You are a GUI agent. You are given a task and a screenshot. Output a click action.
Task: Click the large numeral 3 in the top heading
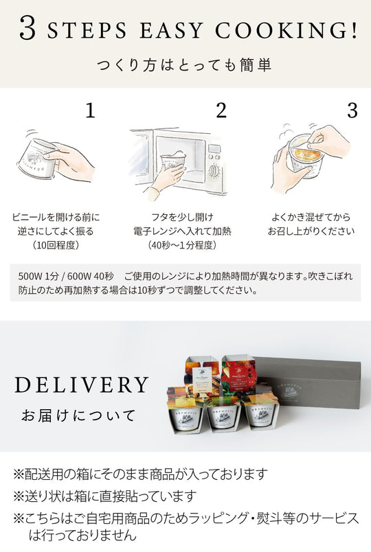pos(27,28)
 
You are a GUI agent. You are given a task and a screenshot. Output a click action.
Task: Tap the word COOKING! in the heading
pos(286,30)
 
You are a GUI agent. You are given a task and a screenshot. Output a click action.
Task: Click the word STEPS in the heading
pos(87,31)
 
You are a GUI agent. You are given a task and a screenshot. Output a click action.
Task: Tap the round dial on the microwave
pos(214,171)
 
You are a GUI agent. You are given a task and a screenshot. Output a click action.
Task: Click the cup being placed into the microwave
pos(173,162)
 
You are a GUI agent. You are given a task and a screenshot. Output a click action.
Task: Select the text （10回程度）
pos(56,245)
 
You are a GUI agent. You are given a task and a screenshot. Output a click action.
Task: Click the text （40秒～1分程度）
pos(182,245)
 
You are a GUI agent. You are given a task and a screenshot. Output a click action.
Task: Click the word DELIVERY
pos(82,384)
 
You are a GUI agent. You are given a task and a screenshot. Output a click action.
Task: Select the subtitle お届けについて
pos(78,416)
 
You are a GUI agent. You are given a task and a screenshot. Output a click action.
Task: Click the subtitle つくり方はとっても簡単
pos(183,65)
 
